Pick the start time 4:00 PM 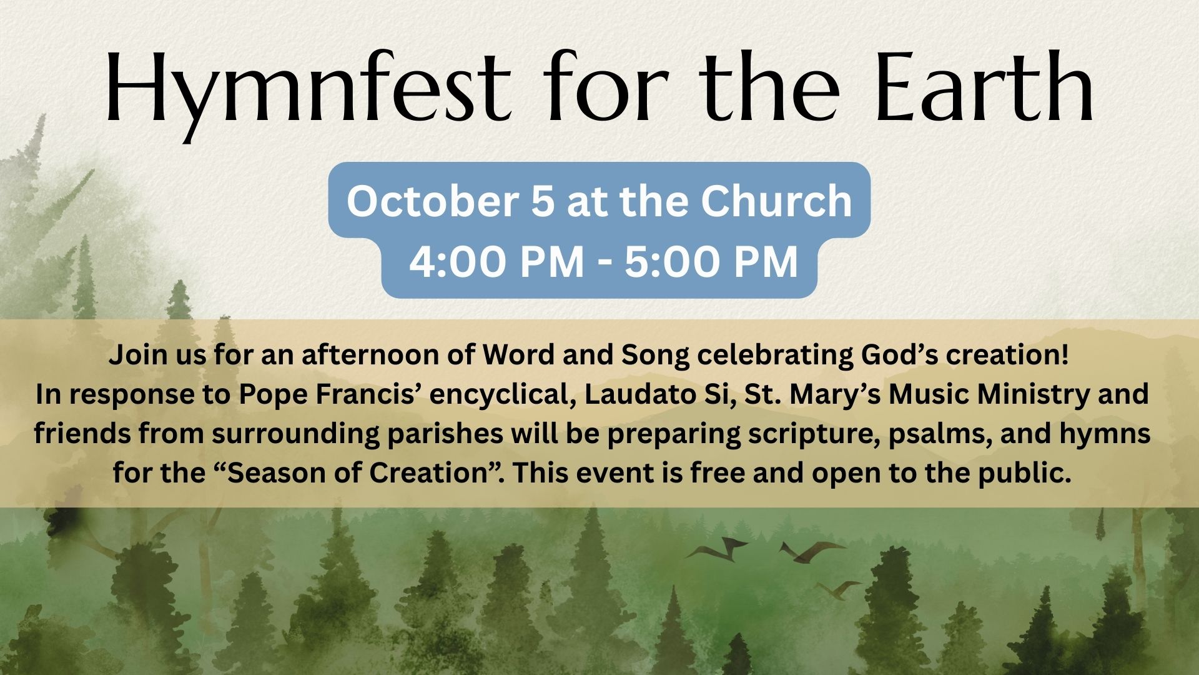(496, 261)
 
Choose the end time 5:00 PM (711, 261)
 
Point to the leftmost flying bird (717, 548)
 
